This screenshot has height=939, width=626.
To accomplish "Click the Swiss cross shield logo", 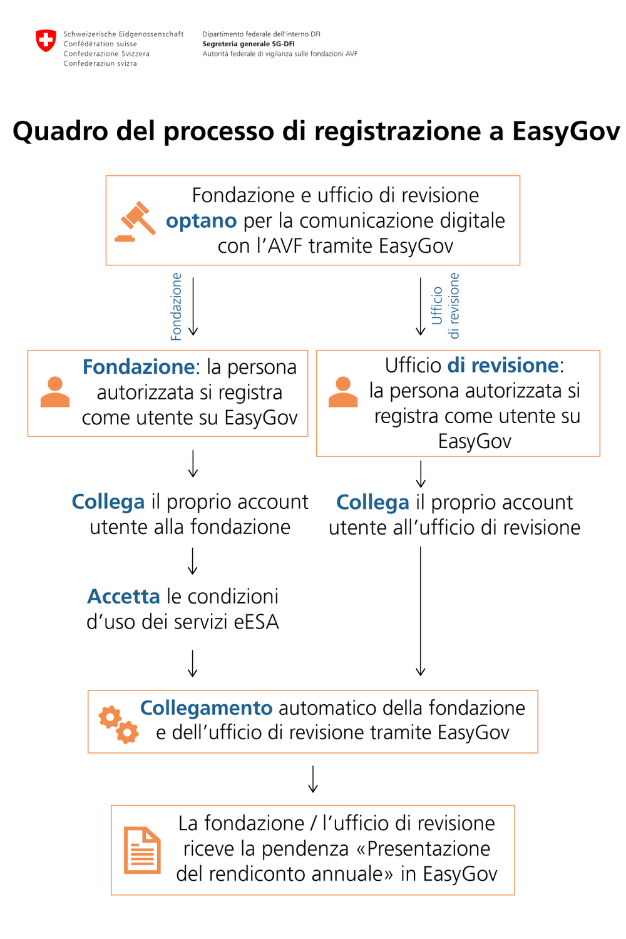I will [46, 41].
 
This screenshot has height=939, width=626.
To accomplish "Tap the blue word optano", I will [201, 221].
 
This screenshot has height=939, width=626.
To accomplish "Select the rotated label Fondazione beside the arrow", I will [177, 306].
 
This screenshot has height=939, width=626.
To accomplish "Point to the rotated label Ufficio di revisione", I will [445, 306].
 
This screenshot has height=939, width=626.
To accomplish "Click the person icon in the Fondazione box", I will [55, 393].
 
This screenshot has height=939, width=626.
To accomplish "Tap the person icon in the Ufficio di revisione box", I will [343, 393].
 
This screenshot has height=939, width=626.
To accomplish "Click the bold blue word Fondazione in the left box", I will [138, 367].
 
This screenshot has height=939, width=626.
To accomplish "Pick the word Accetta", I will [124, 597].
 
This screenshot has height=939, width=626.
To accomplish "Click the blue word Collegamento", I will [206, 708].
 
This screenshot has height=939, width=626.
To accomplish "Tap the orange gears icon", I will [118, 724].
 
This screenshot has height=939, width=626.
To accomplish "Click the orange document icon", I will [142, 850].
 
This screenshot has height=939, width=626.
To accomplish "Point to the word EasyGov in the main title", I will [566, 131].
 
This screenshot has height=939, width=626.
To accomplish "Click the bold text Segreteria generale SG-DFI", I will [248, 44].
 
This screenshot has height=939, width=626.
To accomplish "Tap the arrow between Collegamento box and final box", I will [313, 779].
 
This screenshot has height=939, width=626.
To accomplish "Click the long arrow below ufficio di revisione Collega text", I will [421, 610].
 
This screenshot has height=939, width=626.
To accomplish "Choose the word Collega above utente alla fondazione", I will [108, 502].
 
